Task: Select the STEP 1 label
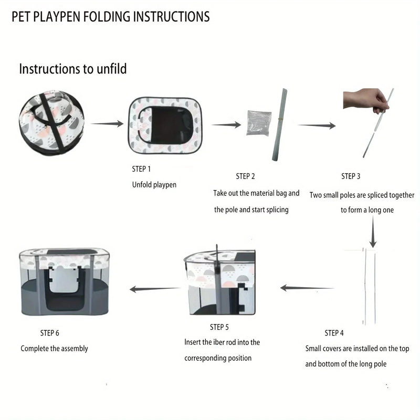click(141, 169)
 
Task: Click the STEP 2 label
click(245, 176)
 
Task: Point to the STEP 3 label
click(351, 176)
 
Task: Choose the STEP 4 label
click(334, 333)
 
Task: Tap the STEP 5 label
click(219, 327)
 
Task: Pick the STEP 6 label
click(50, 333)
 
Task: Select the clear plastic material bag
click(258, 123)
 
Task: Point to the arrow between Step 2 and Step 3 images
click(317, 125)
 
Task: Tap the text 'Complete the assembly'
click(55, 349)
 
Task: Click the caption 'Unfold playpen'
click(154, 185)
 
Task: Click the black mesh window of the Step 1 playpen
click(163, 125)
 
